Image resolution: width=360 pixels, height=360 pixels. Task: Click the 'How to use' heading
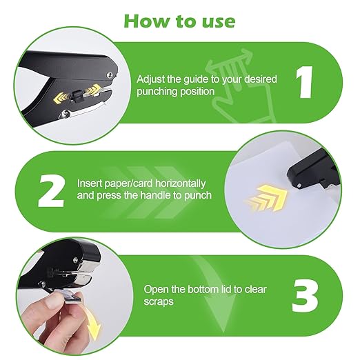point(179,20)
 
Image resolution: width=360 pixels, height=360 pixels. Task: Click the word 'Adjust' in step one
point(150,79)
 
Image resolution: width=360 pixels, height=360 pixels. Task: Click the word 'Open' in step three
point(156,290)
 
